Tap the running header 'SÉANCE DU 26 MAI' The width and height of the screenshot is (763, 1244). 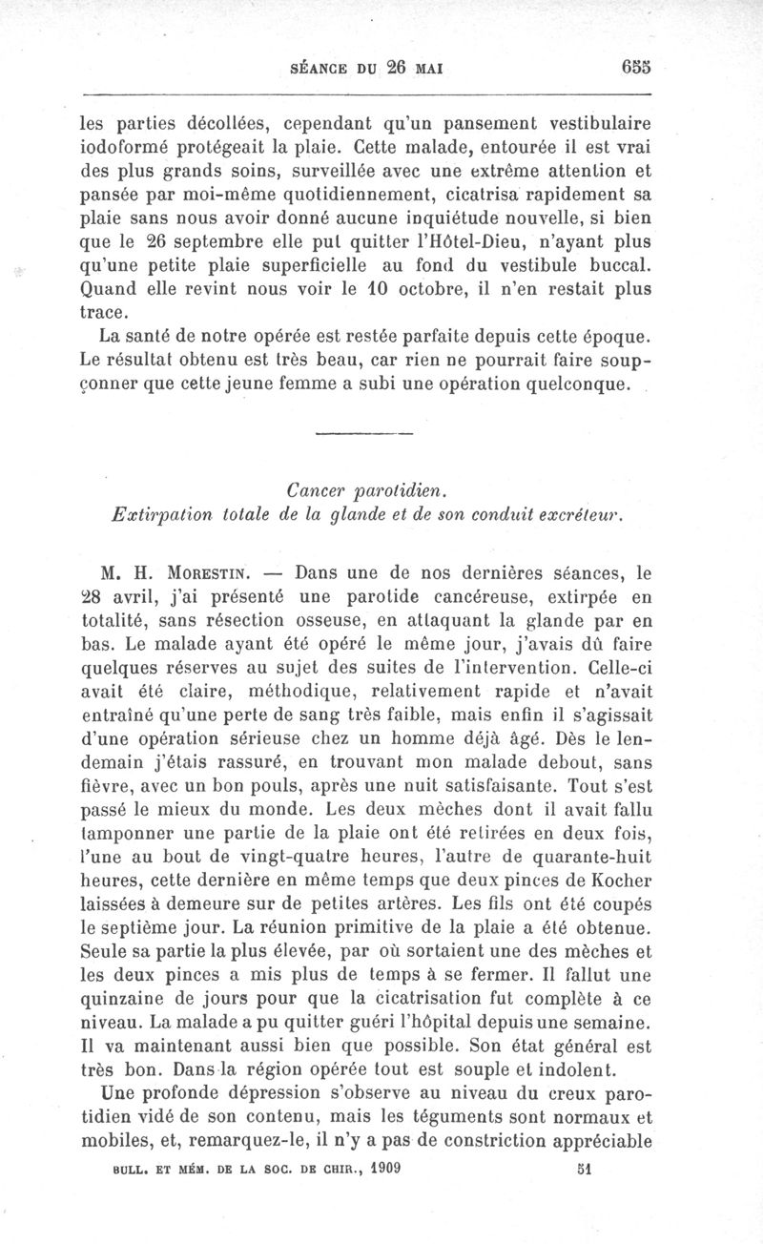click(367, 69)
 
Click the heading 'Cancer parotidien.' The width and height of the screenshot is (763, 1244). click(367, 489)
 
